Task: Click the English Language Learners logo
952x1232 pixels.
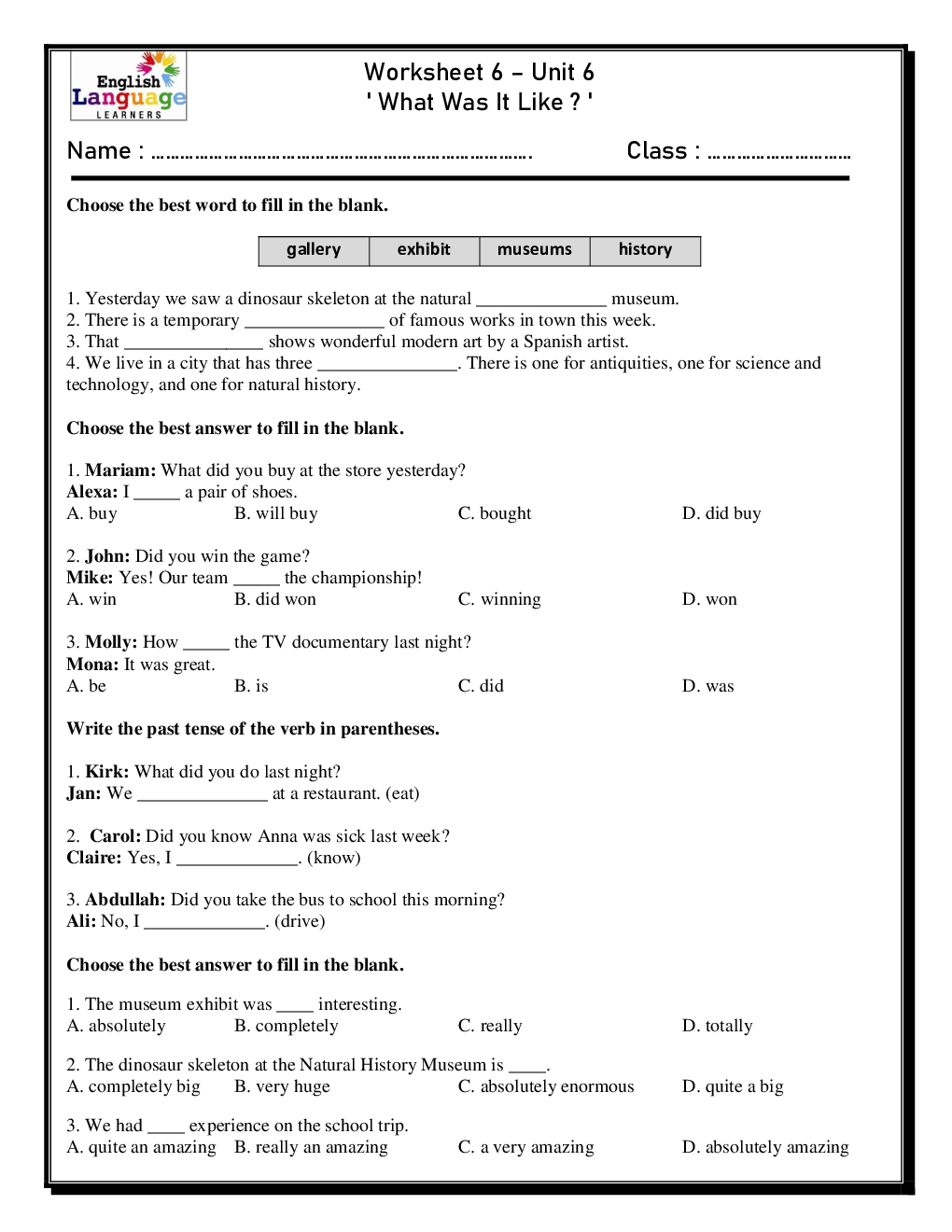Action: pyautogui.click(x=129, y=86)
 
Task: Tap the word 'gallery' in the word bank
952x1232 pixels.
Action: pyautogui.click(x=314, y=250)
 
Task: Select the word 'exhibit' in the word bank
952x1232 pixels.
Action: pyautogui.click(x=424, y=250)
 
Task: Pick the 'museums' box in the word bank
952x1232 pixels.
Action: pyautogui.click(x=534, y=250)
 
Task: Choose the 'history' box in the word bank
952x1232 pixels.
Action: pyautogui.click(x=645, y=250)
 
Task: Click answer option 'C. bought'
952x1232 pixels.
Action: pyautogui.click(x=495, y=513)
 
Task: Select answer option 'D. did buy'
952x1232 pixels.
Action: pyautogui.click(x=721, y=513)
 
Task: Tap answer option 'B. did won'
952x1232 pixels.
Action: pyautogui.click(x=275, y=599)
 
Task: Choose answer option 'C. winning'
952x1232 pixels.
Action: pyautogui.click(x=499, y=599)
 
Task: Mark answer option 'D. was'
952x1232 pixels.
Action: pyautogui.click(x=708, y=686)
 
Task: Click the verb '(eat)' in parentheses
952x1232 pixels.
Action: pyautogui.click(x=402, y=793)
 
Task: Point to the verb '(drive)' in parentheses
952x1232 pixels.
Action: pyautogui.click(x=300, y=921)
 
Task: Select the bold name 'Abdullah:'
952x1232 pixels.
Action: pyautogui.click(x=125, y=900)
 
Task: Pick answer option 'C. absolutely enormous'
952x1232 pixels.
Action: pyautogui.click(x=546, y=1086)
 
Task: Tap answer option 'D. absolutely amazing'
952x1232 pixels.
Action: pyautogui.click(x=765, y=1147)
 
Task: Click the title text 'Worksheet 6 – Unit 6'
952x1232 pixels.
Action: pyautogui.click(x=479, y=72)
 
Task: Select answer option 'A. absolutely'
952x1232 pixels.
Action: pyautogui.click(x=117, y=1026)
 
